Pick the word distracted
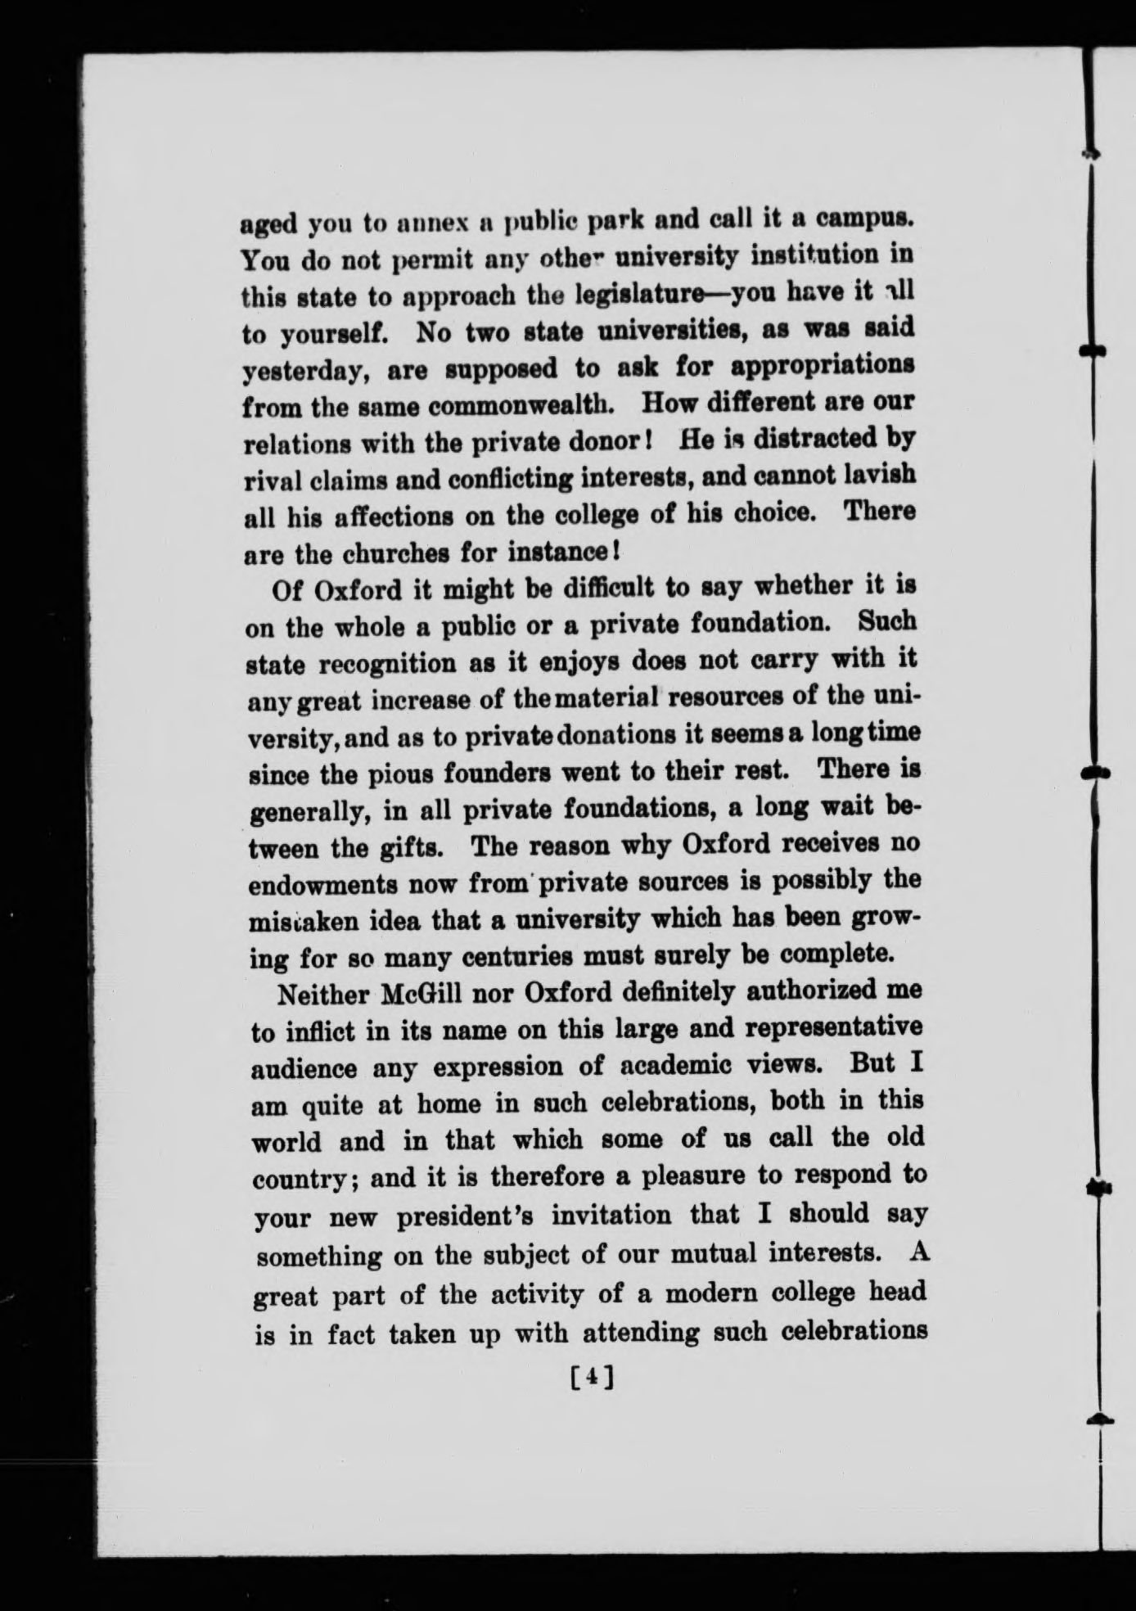pos(810,439)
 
